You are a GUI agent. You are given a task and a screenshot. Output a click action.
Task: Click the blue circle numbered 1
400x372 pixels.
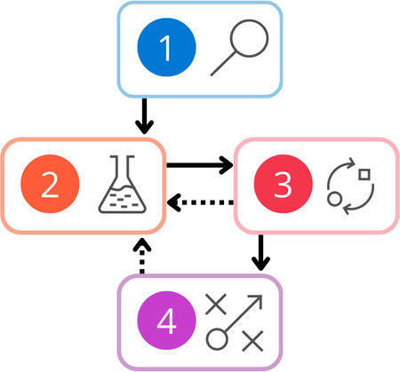165,49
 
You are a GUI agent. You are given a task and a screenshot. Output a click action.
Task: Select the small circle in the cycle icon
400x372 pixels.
335,199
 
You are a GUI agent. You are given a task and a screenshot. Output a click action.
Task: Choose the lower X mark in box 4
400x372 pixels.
253,339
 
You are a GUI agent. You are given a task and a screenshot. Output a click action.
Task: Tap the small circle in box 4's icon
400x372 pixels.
215,339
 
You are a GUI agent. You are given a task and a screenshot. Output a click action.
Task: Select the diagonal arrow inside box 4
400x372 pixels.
242,314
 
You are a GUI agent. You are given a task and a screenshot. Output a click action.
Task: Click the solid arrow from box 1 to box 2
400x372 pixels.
141,115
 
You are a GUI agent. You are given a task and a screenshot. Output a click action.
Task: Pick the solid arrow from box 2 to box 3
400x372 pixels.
199,164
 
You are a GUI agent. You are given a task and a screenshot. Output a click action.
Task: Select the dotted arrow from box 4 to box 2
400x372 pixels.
141,255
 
